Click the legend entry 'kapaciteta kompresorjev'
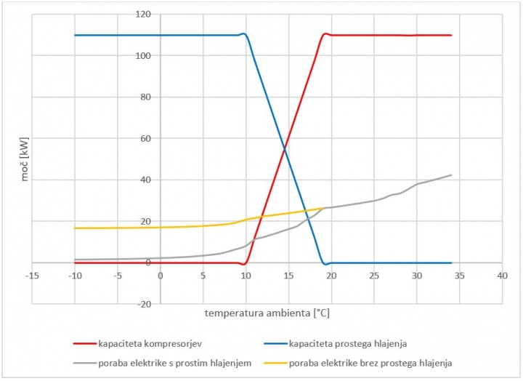tap(147, 342)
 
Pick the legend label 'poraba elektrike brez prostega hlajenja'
tap(370, 362)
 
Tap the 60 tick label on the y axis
tap(145, 138)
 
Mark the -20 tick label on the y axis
tap(144, 304)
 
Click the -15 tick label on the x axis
tap(31, 276)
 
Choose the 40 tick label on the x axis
tap(502, 276)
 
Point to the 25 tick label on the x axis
tap(373, 276)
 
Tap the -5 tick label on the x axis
tap(117, 276)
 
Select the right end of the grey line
tap(452, 175)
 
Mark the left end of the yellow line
tap(75, 228)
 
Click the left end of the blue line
tap(75, 35)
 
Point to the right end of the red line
tap(452, 35)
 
